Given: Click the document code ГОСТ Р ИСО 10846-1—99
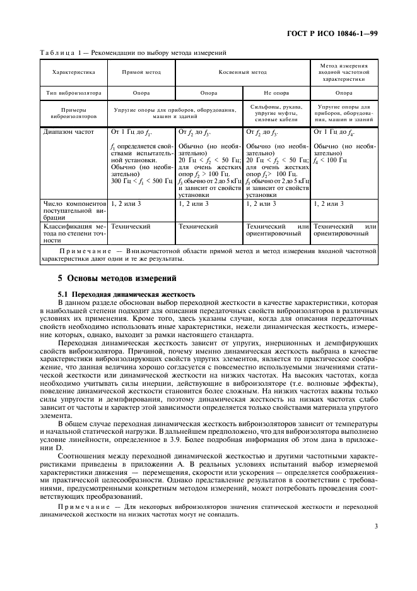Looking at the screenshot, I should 341,32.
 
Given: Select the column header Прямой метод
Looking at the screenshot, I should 141,73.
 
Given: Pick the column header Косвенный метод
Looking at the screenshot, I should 243,73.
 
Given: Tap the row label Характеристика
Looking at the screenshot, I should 73,73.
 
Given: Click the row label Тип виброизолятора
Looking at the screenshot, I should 73,92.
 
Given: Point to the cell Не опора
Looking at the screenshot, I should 276,92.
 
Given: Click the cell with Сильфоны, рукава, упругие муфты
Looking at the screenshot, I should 276,112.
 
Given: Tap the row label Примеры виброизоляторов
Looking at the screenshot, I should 73,112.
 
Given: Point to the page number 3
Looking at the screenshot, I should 376,526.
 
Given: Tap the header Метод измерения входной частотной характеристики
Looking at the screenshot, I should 344,73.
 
